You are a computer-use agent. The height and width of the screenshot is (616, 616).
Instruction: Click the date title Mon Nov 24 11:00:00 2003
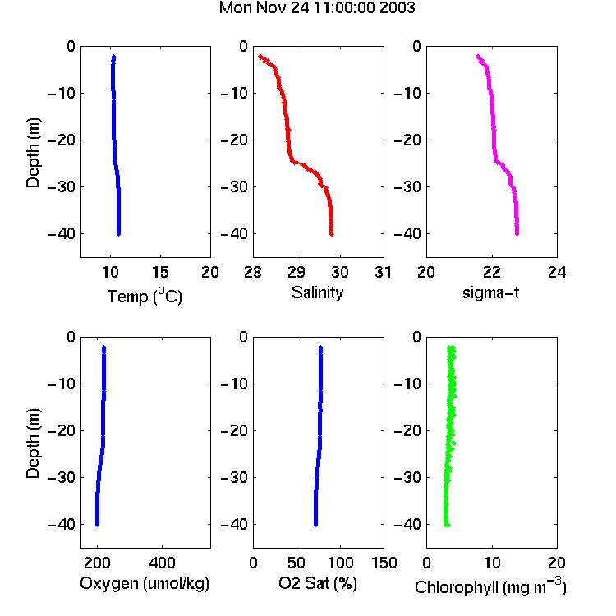tap(317, 8)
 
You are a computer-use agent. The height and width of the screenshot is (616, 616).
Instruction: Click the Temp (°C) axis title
tap(145, 296)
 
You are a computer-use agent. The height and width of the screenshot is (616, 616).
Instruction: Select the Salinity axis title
tap(317, 292)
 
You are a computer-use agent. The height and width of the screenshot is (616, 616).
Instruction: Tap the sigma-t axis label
tap(490, 292)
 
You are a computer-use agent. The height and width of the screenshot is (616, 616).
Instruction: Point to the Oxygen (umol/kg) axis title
tap(145, 584)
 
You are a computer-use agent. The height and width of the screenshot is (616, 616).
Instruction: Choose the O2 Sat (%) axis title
tap(318, 583)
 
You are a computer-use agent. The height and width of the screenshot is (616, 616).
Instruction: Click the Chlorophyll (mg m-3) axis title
tap(490, 586)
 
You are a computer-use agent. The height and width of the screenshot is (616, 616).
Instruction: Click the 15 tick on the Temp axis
tap(160, 272)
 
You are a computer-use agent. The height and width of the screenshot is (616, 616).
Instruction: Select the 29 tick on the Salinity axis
tap(297, 272)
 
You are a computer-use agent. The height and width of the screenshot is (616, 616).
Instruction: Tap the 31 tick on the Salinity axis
tap(383, 272)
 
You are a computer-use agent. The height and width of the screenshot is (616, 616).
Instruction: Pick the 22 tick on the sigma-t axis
tap(491, 272)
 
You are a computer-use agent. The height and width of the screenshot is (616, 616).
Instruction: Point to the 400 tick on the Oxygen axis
tap(162, 563)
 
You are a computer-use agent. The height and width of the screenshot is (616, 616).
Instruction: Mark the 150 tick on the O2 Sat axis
tap(384, 563)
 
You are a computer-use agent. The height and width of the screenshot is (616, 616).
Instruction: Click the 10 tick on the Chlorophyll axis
tap(491, 563)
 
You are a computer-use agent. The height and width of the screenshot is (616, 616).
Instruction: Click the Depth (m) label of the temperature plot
tap(33, 153)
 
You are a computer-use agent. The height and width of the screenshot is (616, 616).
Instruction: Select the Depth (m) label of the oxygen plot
tap(33, 444)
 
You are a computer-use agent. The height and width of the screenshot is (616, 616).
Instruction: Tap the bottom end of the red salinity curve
tap(332, 235)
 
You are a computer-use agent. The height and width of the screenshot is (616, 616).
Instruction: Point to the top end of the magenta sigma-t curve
tap(478, 57)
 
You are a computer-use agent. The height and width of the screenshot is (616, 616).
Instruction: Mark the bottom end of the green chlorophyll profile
tap(446, 525)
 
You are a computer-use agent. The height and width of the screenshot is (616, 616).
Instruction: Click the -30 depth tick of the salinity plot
tap(234, 186)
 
